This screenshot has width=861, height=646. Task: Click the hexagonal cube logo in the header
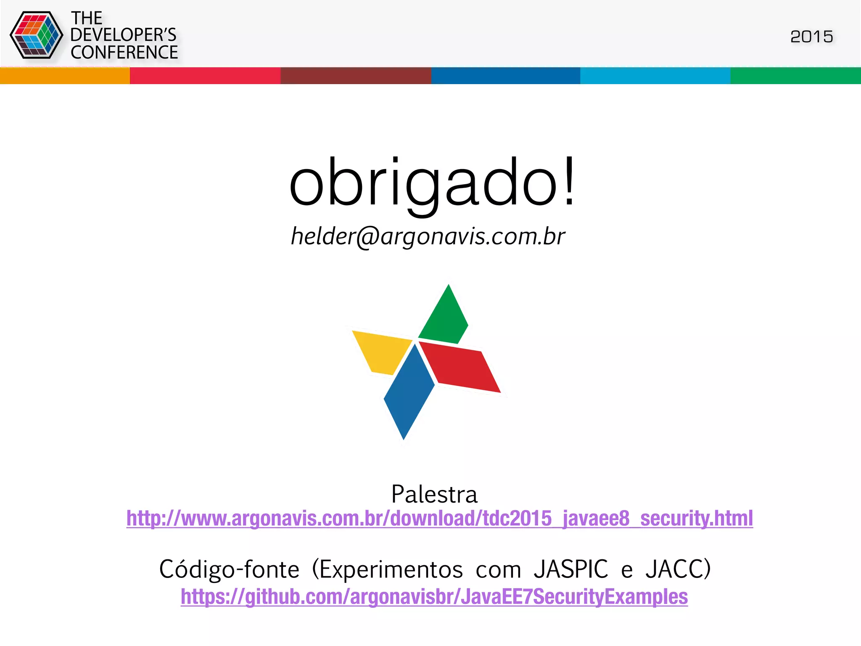coord(36,35)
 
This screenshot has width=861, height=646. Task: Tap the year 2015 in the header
coord(811,37)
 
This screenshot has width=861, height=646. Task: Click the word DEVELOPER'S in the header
coord(123,35)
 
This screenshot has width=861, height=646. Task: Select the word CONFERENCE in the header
coord(124,53)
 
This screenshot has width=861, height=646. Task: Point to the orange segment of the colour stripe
coord(65,76)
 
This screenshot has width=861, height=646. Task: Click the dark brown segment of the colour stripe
coord(356,76)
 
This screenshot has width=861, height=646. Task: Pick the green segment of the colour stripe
coord(795,76)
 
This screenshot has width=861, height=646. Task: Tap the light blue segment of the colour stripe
coord(655,76)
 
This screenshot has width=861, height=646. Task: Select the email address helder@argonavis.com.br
coord(428,236)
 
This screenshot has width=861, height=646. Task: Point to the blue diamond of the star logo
coord(408,391)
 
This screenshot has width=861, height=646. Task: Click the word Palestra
coord(434,494)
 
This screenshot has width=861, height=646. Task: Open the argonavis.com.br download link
coord(439,518)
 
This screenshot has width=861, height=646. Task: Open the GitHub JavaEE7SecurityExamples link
coord(434,596)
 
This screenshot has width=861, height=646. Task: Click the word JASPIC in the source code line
coord(570,569)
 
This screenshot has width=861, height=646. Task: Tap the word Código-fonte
coord(229,569)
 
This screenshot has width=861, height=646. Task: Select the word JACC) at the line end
coord(678,569)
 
